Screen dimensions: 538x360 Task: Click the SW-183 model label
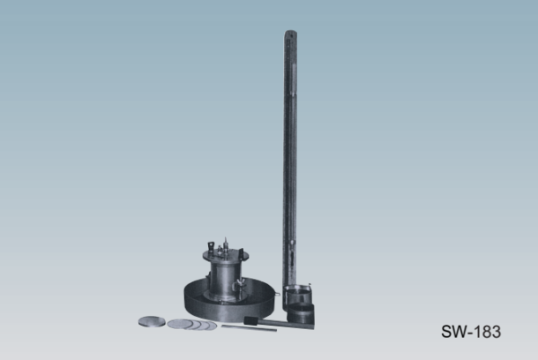coord(471,332)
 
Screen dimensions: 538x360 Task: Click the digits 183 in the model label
coord(489,332)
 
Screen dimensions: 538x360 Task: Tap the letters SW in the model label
coord(453,332)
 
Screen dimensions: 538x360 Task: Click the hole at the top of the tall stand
coord(291,34)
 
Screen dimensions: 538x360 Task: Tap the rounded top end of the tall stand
coord(291,33)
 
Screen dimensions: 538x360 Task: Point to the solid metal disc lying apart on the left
coord(152,321)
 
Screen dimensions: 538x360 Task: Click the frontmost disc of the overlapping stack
coord(180,323)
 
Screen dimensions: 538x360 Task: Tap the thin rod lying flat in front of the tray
coord(249,328)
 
